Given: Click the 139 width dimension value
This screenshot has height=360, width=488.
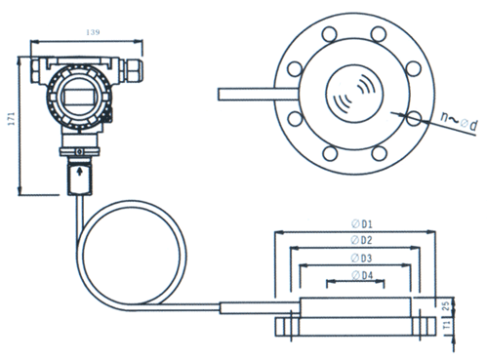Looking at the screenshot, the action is (93, 32).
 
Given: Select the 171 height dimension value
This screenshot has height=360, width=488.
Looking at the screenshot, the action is (12, 119).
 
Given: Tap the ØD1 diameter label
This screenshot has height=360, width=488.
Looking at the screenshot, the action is (362, 223).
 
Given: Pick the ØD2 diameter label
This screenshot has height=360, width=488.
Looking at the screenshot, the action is (361, 240).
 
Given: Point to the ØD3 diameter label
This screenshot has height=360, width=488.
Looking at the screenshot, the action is (361, 259).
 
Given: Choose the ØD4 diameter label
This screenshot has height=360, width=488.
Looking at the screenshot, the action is (362, 275).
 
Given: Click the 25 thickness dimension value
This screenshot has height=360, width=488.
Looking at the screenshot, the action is (446, 305).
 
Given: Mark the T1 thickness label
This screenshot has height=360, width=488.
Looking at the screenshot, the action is (447, 325).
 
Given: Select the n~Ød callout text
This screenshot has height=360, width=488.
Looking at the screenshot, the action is (459, 122).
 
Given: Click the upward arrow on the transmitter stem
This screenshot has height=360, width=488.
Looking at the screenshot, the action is (79, 171).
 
